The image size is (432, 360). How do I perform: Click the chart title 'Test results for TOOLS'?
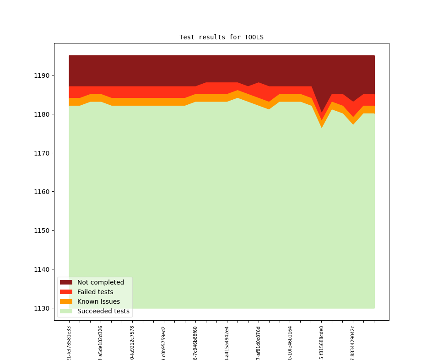[221, 37]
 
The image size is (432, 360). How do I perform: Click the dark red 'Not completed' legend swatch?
[66, 282]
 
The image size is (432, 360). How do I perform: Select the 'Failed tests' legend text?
[95, 292]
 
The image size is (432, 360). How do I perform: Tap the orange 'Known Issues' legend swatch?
[66, 301]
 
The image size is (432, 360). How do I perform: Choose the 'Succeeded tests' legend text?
[103, 311]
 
